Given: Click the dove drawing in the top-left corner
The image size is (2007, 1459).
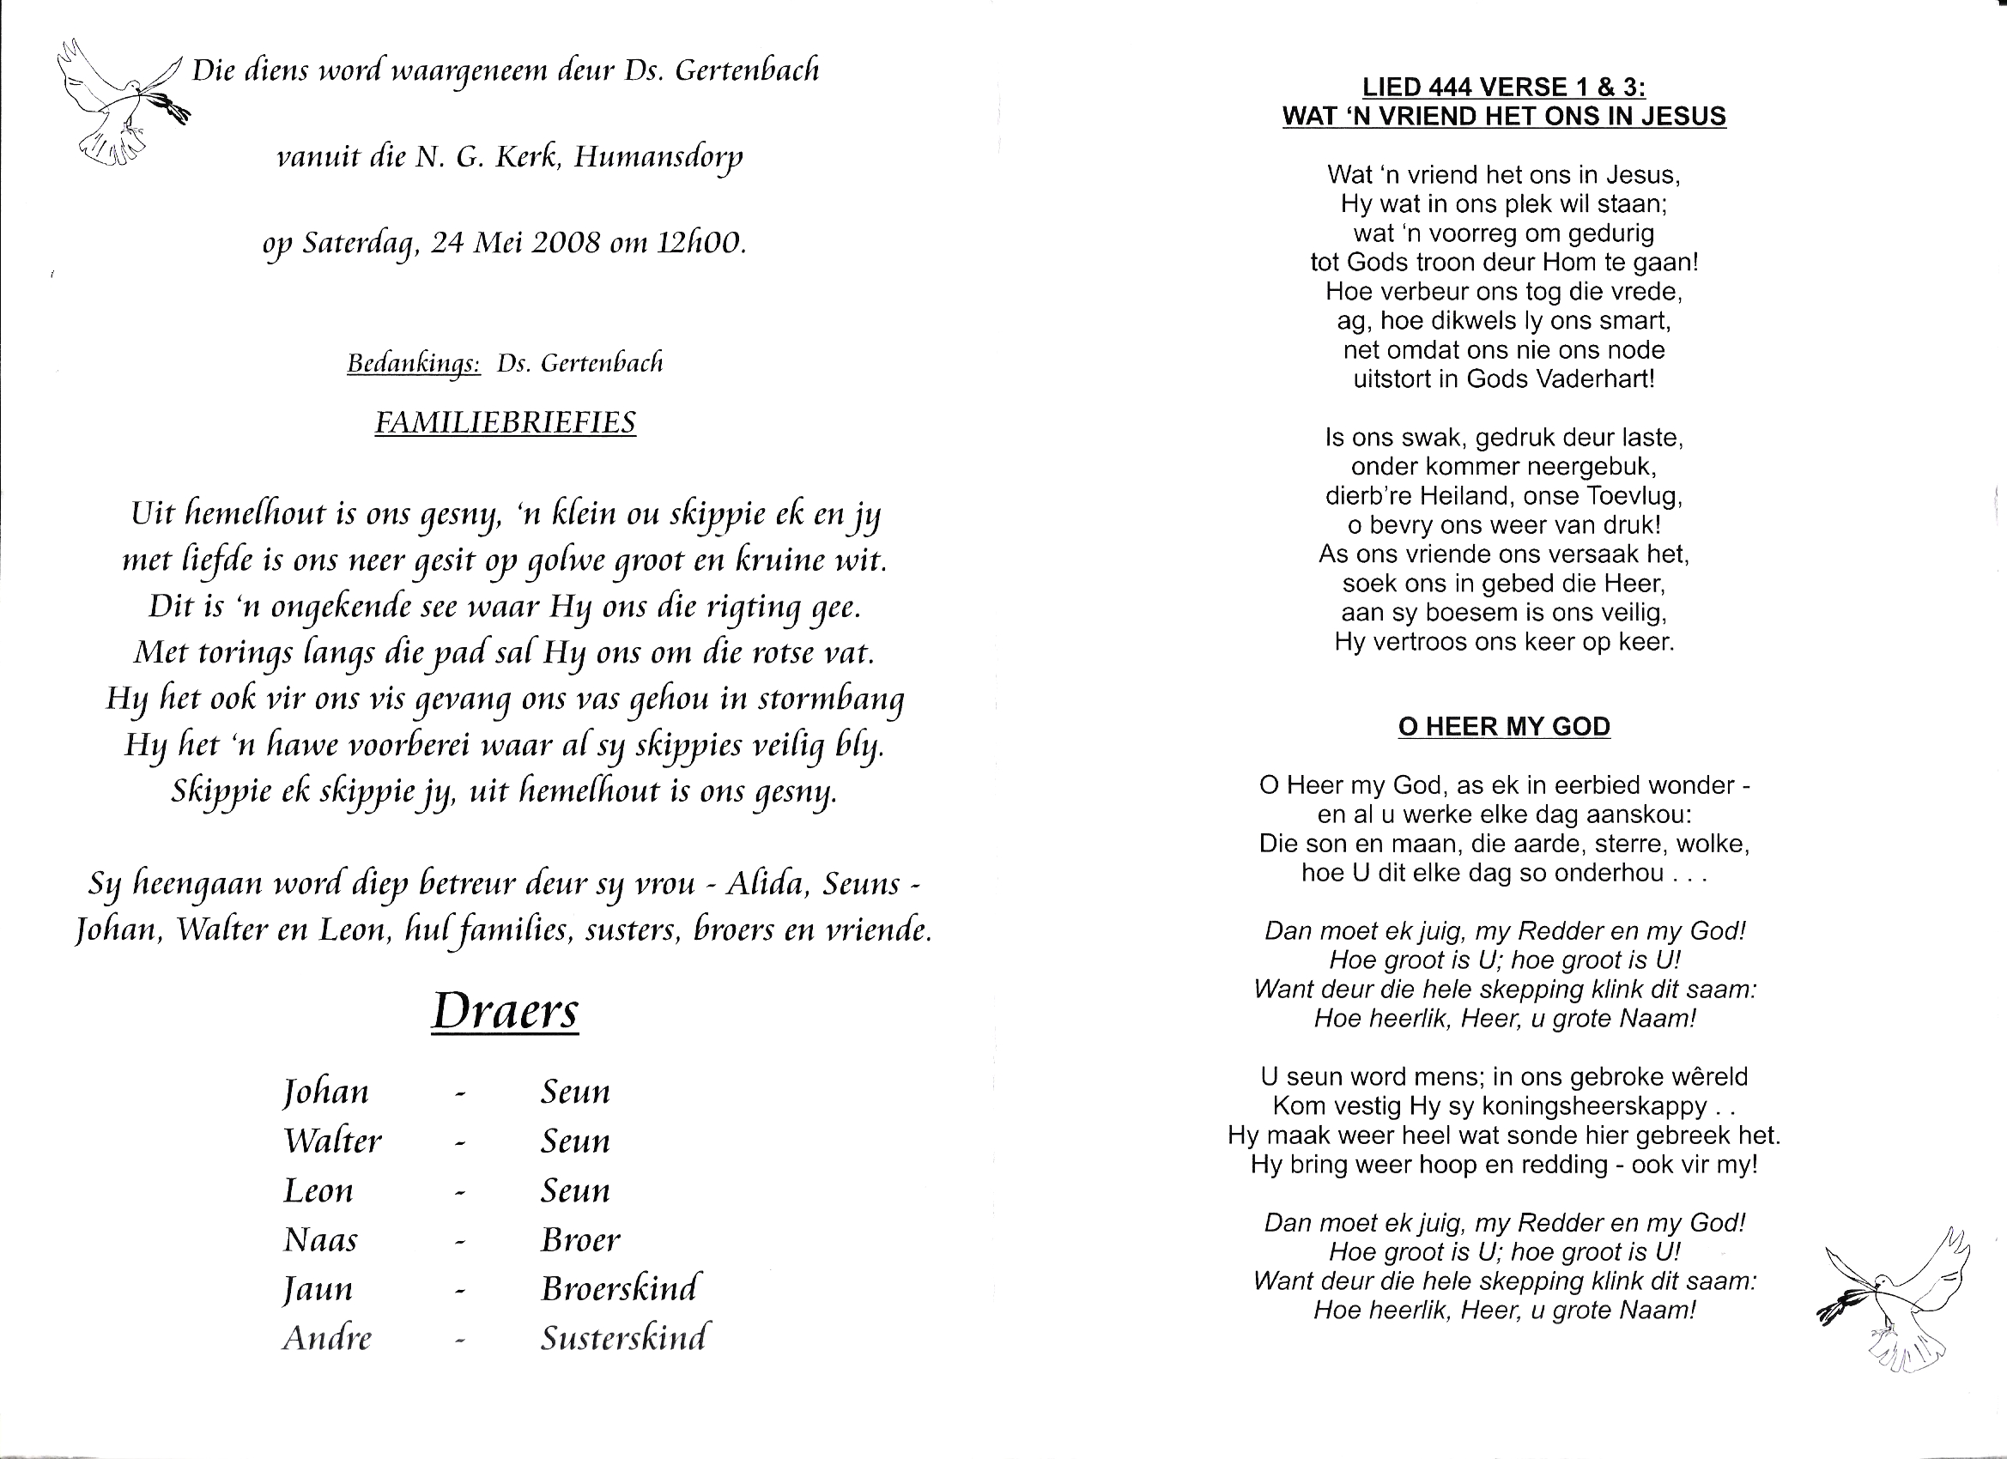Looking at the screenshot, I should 119,102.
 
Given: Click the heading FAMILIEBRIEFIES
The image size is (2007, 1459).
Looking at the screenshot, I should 505,423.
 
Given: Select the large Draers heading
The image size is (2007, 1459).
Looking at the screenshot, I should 506,1010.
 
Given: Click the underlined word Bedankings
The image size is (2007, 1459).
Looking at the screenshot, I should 413,364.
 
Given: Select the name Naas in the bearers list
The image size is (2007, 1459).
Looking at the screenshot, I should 320,1239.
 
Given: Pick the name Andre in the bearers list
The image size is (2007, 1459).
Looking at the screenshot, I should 326,1338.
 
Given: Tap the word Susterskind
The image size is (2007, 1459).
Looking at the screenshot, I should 624,1338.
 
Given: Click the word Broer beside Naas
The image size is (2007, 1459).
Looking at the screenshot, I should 580,1239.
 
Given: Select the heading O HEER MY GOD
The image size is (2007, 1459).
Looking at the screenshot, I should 1503,726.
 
